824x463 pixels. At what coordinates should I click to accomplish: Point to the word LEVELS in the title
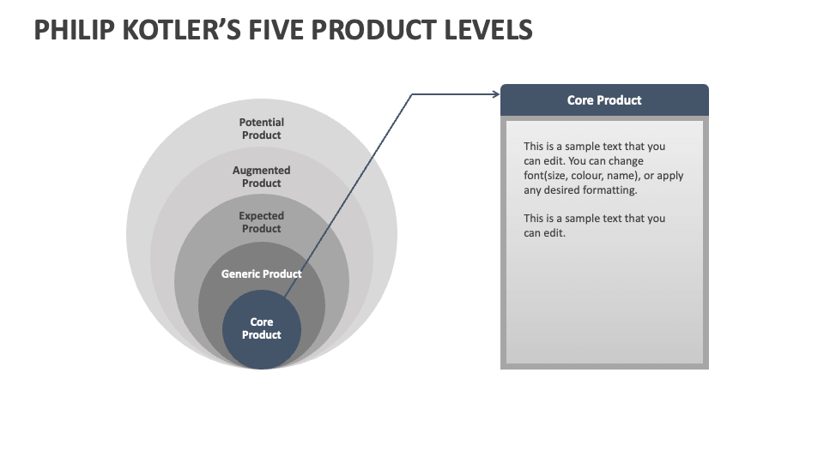[x=486, y=31]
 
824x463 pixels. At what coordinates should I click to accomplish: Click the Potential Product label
[x=262, y=129]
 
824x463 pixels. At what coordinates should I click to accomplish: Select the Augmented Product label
[x=262, y=177]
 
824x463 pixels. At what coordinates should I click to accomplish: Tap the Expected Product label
[x=262, y=222]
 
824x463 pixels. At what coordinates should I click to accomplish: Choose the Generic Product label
[x=262, y=274]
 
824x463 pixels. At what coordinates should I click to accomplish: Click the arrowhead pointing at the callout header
[x=496, y=94]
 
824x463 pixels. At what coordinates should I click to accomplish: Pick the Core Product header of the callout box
[x=604, y=100]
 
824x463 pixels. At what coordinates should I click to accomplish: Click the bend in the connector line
[x=412, y=94]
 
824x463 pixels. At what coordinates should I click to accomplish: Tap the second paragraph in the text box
[x=594, y=225]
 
